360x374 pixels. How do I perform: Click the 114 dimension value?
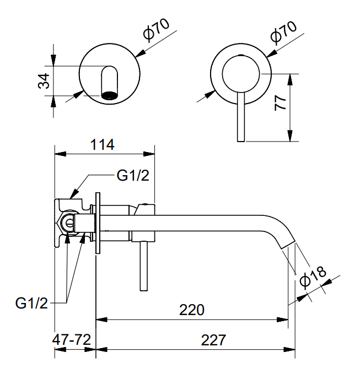click(x=103, y=145)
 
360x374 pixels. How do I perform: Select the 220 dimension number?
click(x=192, y=310)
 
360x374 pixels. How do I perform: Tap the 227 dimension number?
click(x=213, y=340)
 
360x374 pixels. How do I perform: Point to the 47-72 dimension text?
click(x=72, y=339)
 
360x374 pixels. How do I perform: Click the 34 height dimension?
click(x=44, y=81)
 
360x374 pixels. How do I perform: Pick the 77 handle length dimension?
click(x=280, y=103)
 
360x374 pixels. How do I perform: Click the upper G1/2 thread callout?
click(x=133, y=176)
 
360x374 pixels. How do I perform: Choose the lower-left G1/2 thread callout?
click(x=31, y=303)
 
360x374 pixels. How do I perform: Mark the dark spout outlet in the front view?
click(x=110, y=95)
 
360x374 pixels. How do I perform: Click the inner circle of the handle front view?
click(x=241, y=74)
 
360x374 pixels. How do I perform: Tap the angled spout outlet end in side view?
click(x=288, y=246)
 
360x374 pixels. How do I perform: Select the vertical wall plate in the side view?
click(x=98, y=223)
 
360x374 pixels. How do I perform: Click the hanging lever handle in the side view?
click(x=143, y=266)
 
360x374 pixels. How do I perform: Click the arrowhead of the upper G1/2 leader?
click(x=75, y=193)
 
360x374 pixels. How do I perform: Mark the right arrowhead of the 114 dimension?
click(x=149, y=154)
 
